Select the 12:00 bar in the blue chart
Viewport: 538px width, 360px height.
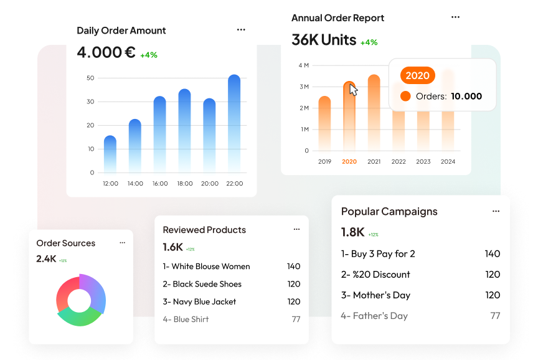tap(110, 154)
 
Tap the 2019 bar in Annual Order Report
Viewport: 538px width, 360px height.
tap(324, 123)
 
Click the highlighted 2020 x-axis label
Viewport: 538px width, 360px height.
tap(349, 162)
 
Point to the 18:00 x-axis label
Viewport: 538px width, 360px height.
tap(184, 184)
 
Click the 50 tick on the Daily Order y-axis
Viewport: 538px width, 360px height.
tap(90, 78)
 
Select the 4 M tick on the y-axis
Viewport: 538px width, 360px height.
tap(303, 65)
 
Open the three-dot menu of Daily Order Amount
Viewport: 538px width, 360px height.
tap(241, 30)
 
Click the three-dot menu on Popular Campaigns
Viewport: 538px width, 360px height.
tap(496, 211)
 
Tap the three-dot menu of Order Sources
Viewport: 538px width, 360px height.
tap(122, 243)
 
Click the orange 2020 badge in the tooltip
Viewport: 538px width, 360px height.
tap(417, 75)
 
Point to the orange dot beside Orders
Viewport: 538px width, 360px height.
tap(405, 96)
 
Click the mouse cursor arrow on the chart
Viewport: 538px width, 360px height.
tap(353, 90)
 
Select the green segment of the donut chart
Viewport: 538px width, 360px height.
tap(79, 317)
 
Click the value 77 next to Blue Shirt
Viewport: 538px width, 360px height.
tap(296, 320)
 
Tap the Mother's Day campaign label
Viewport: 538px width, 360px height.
tap(375, 295)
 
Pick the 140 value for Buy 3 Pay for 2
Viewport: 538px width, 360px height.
tap(492, 253)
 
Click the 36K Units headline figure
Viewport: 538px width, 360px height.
tap(324, 40)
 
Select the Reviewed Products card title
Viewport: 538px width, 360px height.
tap(204, 230)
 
